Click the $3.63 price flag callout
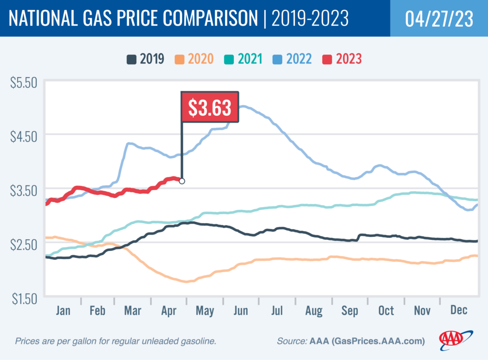point(209,108)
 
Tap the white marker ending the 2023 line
point(182,181)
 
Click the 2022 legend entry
point(293,59)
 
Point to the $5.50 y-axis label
point(23,82)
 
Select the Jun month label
point(241,310)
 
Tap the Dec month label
point(458,310)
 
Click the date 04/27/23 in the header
point(438,18)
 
